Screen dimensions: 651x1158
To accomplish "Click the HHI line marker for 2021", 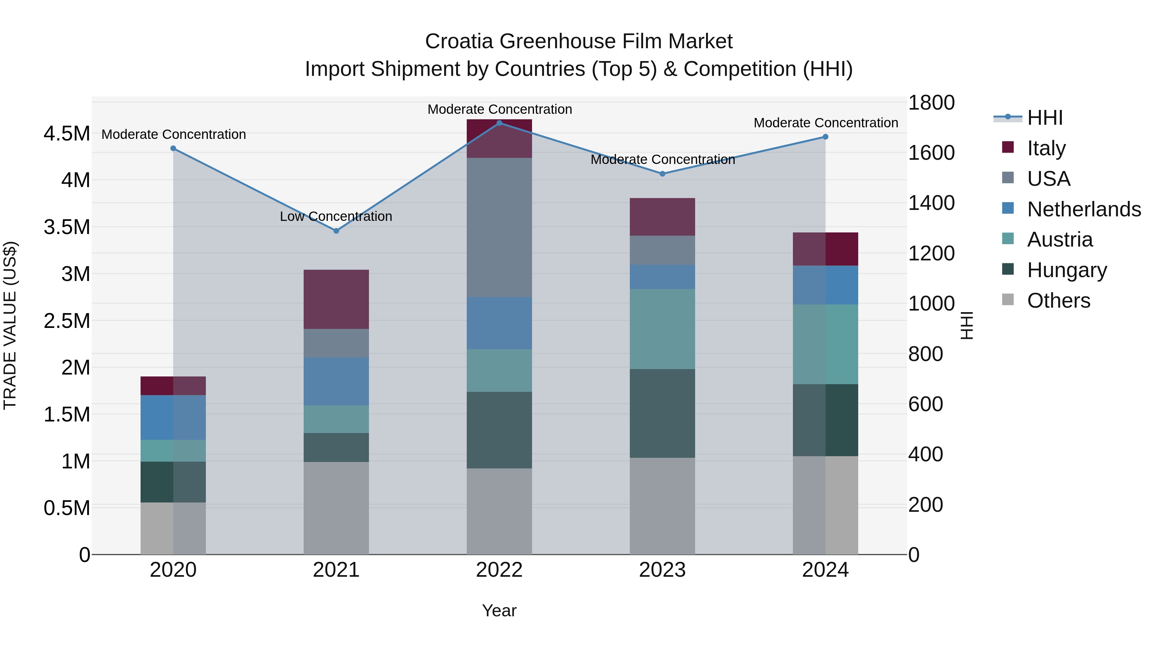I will (x=336, y=231).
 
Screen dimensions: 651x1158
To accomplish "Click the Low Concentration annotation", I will (x=336, y=217).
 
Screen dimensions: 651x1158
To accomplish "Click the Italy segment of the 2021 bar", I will (x=336, y=299).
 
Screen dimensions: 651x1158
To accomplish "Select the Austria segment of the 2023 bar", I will (x=662, y=329).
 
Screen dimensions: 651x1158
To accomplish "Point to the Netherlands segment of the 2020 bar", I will (x=173, y=417).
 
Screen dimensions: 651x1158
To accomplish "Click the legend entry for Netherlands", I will (x=1084, y=209).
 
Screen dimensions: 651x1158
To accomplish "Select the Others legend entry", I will (x=1058, y=301).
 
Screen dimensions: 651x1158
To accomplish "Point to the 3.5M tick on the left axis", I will (x=67, y=227).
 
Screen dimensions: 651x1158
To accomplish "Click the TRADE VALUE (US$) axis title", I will (x=10, y=325).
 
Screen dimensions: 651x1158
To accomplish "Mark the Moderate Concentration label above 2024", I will (x=826, y=123).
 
